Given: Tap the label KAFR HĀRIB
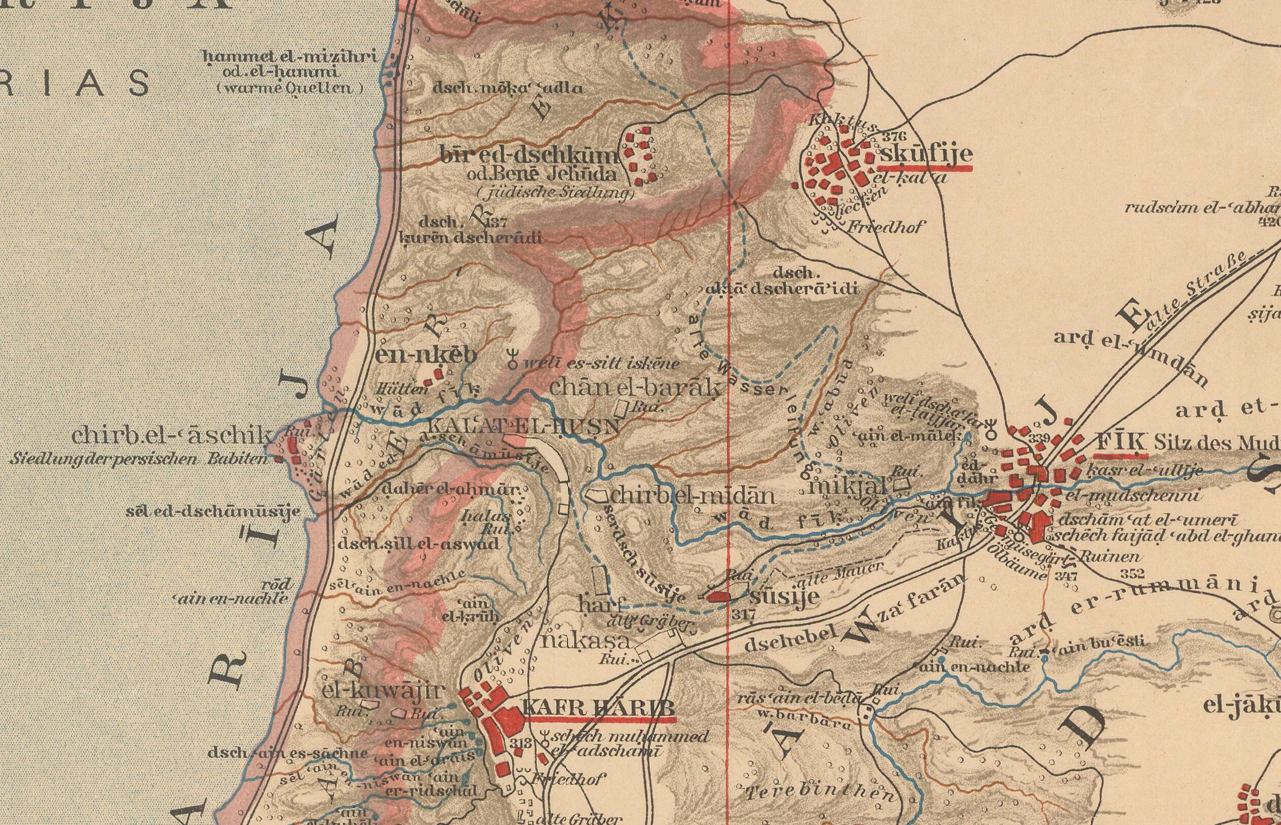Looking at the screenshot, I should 597,708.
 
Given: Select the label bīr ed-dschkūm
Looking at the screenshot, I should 529,156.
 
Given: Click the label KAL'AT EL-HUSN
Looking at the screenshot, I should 524,427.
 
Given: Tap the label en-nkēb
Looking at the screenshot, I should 426,356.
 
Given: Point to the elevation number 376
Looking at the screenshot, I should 893,137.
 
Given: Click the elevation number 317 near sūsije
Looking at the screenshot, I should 743,616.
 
